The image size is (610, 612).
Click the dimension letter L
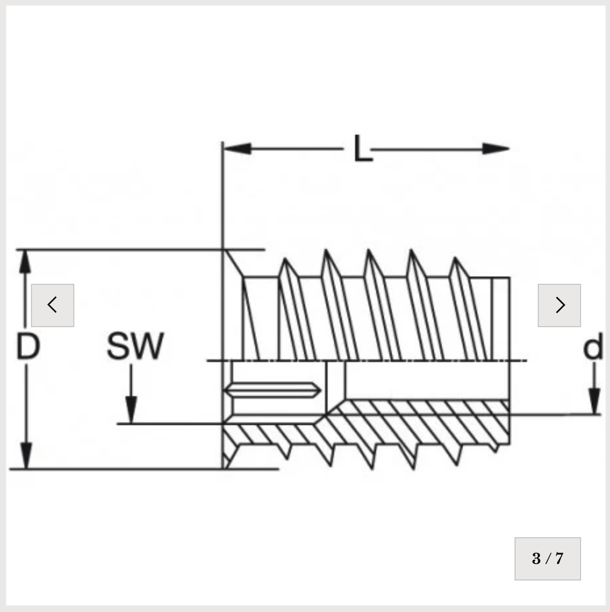point(363,148)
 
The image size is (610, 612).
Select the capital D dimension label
point(28,346)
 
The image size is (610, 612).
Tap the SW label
point(135,346)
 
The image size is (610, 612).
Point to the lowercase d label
point(593,346)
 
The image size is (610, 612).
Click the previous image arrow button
point(53,305)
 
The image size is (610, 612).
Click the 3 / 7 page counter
point(548,558)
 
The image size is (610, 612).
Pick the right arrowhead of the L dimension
point(496,149)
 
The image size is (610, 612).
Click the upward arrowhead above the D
point(25,262)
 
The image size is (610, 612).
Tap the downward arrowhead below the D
point(26,456)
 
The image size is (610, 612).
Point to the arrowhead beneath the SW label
point(131,410)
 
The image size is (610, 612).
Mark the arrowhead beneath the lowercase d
point(595,401)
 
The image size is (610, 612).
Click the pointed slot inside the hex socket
point(272,390)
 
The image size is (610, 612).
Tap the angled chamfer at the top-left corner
point(233,263)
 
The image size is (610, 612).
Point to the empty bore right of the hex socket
point(427,380)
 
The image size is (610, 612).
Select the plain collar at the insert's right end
point(500,318)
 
